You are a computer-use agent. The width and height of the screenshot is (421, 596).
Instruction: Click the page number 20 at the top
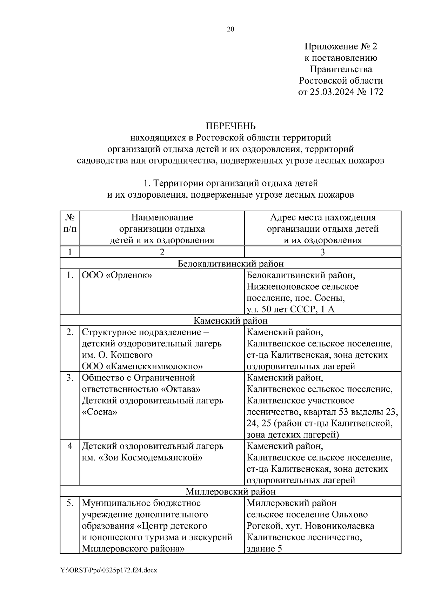tap(230, 29)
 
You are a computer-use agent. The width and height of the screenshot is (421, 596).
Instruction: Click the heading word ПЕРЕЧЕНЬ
tap(230, 126)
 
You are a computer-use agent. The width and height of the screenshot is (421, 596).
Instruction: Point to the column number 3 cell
tap(322, 252)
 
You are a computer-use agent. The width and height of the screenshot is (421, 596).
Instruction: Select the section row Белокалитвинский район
tap(230, 264)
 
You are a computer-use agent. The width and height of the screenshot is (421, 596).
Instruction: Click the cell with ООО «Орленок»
tap(117, 275)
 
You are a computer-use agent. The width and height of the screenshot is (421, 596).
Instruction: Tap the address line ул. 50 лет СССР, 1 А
tap(291, 309)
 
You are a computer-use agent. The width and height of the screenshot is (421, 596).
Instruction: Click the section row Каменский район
tap(230, 320)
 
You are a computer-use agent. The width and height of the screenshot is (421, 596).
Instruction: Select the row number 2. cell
tap(70, 332)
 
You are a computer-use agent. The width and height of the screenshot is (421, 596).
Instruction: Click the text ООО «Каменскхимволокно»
tap(142, 366)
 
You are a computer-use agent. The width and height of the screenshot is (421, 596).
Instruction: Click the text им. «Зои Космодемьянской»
tap(142, 458)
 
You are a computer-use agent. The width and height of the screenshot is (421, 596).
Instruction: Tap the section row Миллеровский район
tap(230, 491)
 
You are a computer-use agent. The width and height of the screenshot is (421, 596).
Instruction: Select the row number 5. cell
tap(70, 503)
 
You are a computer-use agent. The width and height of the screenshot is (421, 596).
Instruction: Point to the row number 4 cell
tap(70, 446)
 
